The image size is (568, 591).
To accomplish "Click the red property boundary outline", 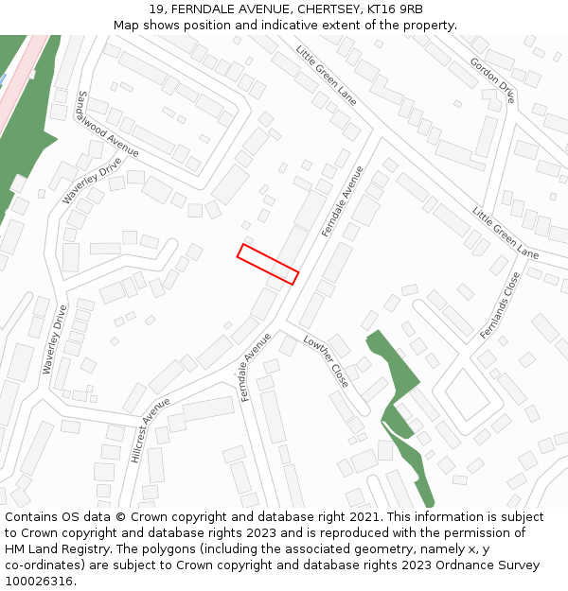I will click(268, 264).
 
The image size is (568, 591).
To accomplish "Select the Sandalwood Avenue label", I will click(108, 124).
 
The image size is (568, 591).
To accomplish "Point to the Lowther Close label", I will click(327, 360).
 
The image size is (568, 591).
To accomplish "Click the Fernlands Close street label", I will click(501, 305).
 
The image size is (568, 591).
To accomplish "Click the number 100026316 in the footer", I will click(39, 582).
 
